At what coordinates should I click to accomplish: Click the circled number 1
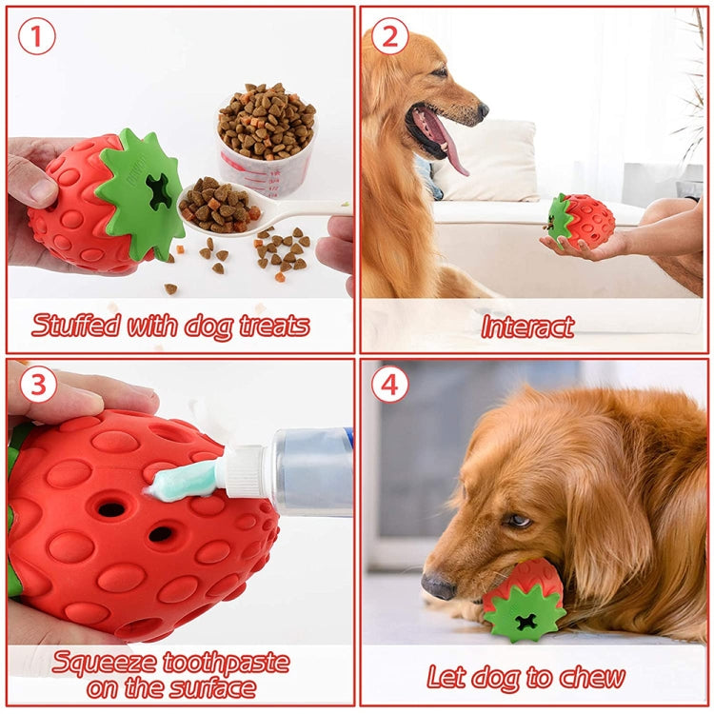coord(36,36)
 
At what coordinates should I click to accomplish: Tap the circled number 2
coord(389,36)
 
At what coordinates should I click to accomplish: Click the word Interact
coord(527,327)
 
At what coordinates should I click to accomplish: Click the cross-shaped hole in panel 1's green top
coord(159,191)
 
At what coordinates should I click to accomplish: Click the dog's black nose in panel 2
coord(483,110)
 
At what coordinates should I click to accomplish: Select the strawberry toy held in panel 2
coord(581,221)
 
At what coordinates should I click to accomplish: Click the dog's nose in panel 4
coord(438,585)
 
